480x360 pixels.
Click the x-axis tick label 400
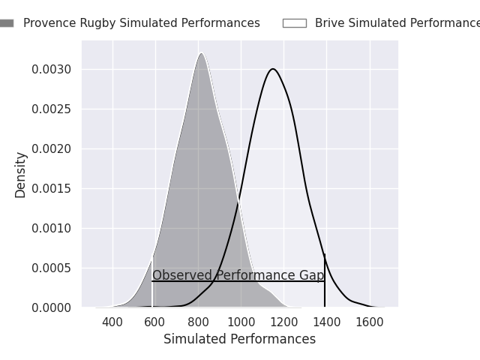click(112, 322)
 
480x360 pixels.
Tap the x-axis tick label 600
click(155, 322)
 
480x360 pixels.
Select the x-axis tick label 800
click(198, 322)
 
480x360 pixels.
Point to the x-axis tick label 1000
click(241, 322)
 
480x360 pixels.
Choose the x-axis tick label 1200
click(283, 322)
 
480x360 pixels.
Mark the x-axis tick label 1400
click(326, 322)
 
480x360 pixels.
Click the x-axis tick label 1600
click(369, 322)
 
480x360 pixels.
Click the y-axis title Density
click(20, 175)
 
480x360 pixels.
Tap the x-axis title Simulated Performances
click(239, 340)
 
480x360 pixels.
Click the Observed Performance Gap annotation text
click(238, 275)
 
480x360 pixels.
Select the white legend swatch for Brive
click(294, 23)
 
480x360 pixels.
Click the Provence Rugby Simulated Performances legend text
click(141, 23)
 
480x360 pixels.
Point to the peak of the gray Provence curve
click(201, 53)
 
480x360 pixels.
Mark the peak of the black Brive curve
click(273, 69)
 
